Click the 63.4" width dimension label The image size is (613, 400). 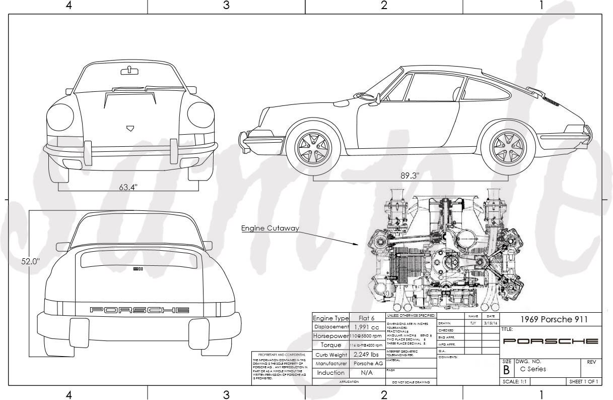(128, 187)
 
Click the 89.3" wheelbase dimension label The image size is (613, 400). (410, 176)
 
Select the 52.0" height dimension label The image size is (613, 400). (30, 262)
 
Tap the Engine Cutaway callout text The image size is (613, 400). (270, 228)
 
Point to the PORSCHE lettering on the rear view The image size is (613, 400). (140, 310)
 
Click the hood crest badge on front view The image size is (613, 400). (130, 128)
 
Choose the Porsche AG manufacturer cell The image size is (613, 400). (367, 363)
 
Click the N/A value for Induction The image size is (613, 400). (367, 373)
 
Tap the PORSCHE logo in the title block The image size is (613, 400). (551, 341)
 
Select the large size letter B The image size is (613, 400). (506, 370)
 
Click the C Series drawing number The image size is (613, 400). (529, 369)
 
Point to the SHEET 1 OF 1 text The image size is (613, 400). (584, 382)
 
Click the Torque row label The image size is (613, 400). (331, 345)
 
